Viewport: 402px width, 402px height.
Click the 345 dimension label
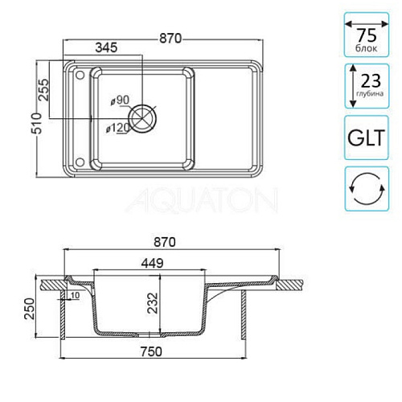coord(106,47)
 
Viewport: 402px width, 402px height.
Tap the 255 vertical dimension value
coord(44,89)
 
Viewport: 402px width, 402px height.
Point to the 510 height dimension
coord(37,124)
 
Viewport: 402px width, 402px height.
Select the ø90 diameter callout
coord(120,100)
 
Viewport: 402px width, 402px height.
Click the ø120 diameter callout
coord(117,128)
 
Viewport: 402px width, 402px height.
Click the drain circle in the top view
coord(142,118)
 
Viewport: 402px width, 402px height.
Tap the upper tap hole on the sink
coord(80,75)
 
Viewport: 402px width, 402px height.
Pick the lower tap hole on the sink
coord(80,162)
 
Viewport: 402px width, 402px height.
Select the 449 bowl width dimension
coord(152,263)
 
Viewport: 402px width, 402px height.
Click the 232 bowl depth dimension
coord(153,303)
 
